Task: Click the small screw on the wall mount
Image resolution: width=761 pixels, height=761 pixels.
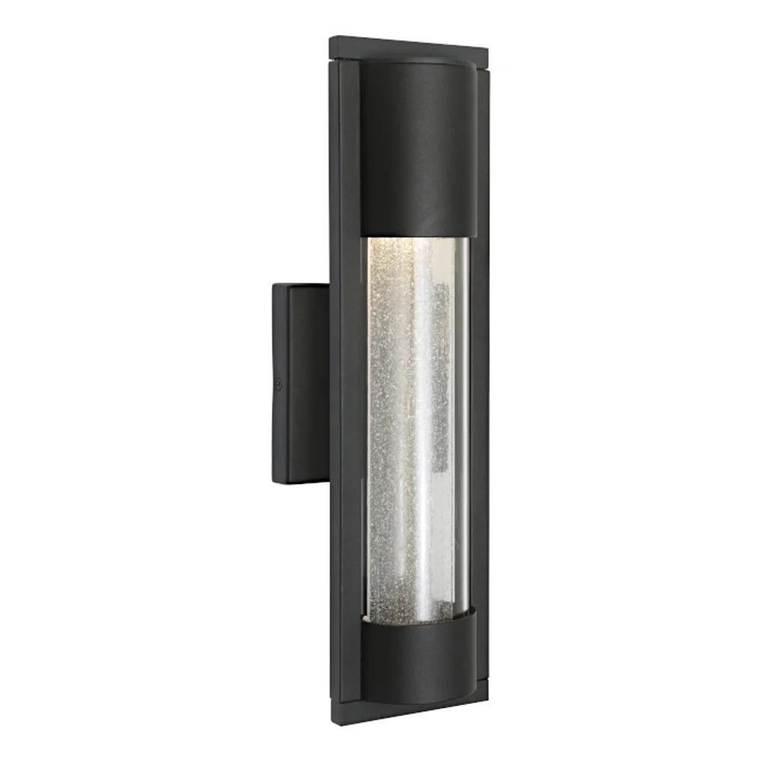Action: (x=279, y=385)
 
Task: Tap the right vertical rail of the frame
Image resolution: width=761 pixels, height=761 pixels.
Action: (x=480, y=380)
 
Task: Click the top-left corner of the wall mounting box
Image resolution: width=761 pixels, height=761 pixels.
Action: (x=274, y=285)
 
